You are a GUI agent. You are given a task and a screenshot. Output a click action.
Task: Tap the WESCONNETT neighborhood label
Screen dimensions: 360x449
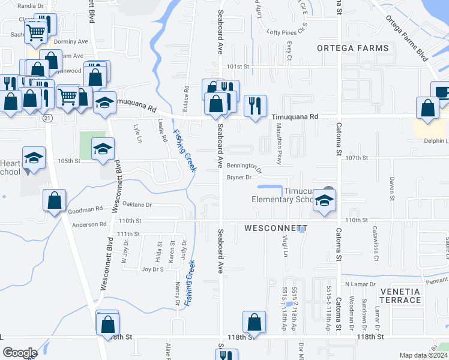pos(276,229)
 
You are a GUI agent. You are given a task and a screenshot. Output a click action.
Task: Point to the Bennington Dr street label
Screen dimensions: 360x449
pos(244,167)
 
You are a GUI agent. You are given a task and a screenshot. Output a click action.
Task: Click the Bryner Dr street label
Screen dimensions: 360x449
pos(238,177)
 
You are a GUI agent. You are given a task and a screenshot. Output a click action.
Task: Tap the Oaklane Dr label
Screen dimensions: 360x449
pos(137,204)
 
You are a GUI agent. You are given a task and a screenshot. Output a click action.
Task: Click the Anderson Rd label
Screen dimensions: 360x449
pos(89,224)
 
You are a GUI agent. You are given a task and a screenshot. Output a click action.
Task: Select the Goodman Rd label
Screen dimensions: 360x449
pos(86,210)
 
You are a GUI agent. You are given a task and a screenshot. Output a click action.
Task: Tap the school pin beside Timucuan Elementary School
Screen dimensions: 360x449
pos(325,201)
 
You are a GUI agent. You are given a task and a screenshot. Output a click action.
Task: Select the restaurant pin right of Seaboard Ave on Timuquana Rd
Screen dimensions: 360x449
pos(255,106)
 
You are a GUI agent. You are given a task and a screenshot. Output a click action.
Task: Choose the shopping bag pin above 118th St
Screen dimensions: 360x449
pos(255,322)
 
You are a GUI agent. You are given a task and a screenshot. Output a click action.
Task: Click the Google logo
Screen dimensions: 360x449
pos(20,353)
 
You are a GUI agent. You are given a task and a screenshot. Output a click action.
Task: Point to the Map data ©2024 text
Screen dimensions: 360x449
pos(424,355)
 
